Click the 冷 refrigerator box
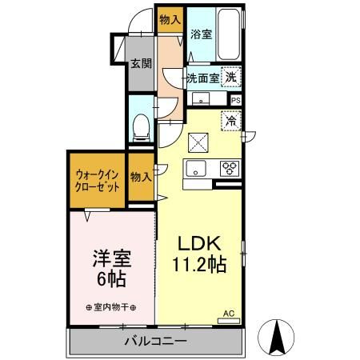(x=230, y=122)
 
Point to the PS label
(x=235, y=100)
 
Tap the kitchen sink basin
(x=196, y=168)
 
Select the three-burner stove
(x=229, y=168)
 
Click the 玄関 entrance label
(x=142, y=64)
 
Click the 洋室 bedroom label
(x=111, y=260)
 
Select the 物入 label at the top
(x=169, y=18)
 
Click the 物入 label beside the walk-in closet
(x=140, y=177)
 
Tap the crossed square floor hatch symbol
(x=197, y=142)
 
